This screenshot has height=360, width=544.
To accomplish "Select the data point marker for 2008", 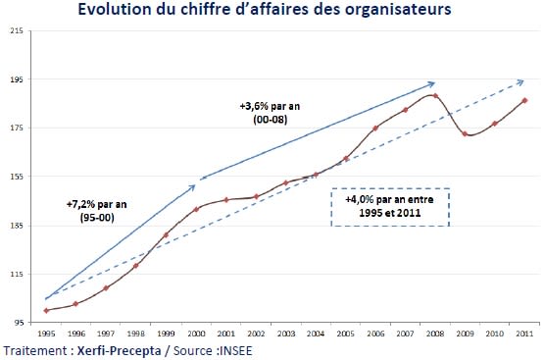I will click(x=435, y=95).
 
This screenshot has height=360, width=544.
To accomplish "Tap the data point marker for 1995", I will click(x=46, y=310).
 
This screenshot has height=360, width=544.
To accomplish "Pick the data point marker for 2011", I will click(x=525, y=100).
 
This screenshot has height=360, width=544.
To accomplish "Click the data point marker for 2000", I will click(x=196, y=209).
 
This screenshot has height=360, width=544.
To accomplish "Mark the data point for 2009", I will click(x=465, y=133).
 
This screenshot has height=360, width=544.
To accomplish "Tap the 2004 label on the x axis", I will click(x=316, y=334).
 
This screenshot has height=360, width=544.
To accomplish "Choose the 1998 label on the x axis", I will click(x=136, y=334).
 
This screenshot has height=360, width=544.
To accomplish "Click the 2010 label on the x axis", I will click(x=495, y=334).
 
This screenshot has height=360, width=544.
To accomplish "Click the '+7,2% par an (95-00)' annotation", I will click(x=91, y=212).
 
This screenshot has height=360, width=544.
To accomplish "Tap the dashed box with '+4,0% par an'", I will click(x=390, y=207).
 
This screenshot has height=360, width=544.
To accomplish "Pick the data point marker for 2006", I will click(x=375, y=128).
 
